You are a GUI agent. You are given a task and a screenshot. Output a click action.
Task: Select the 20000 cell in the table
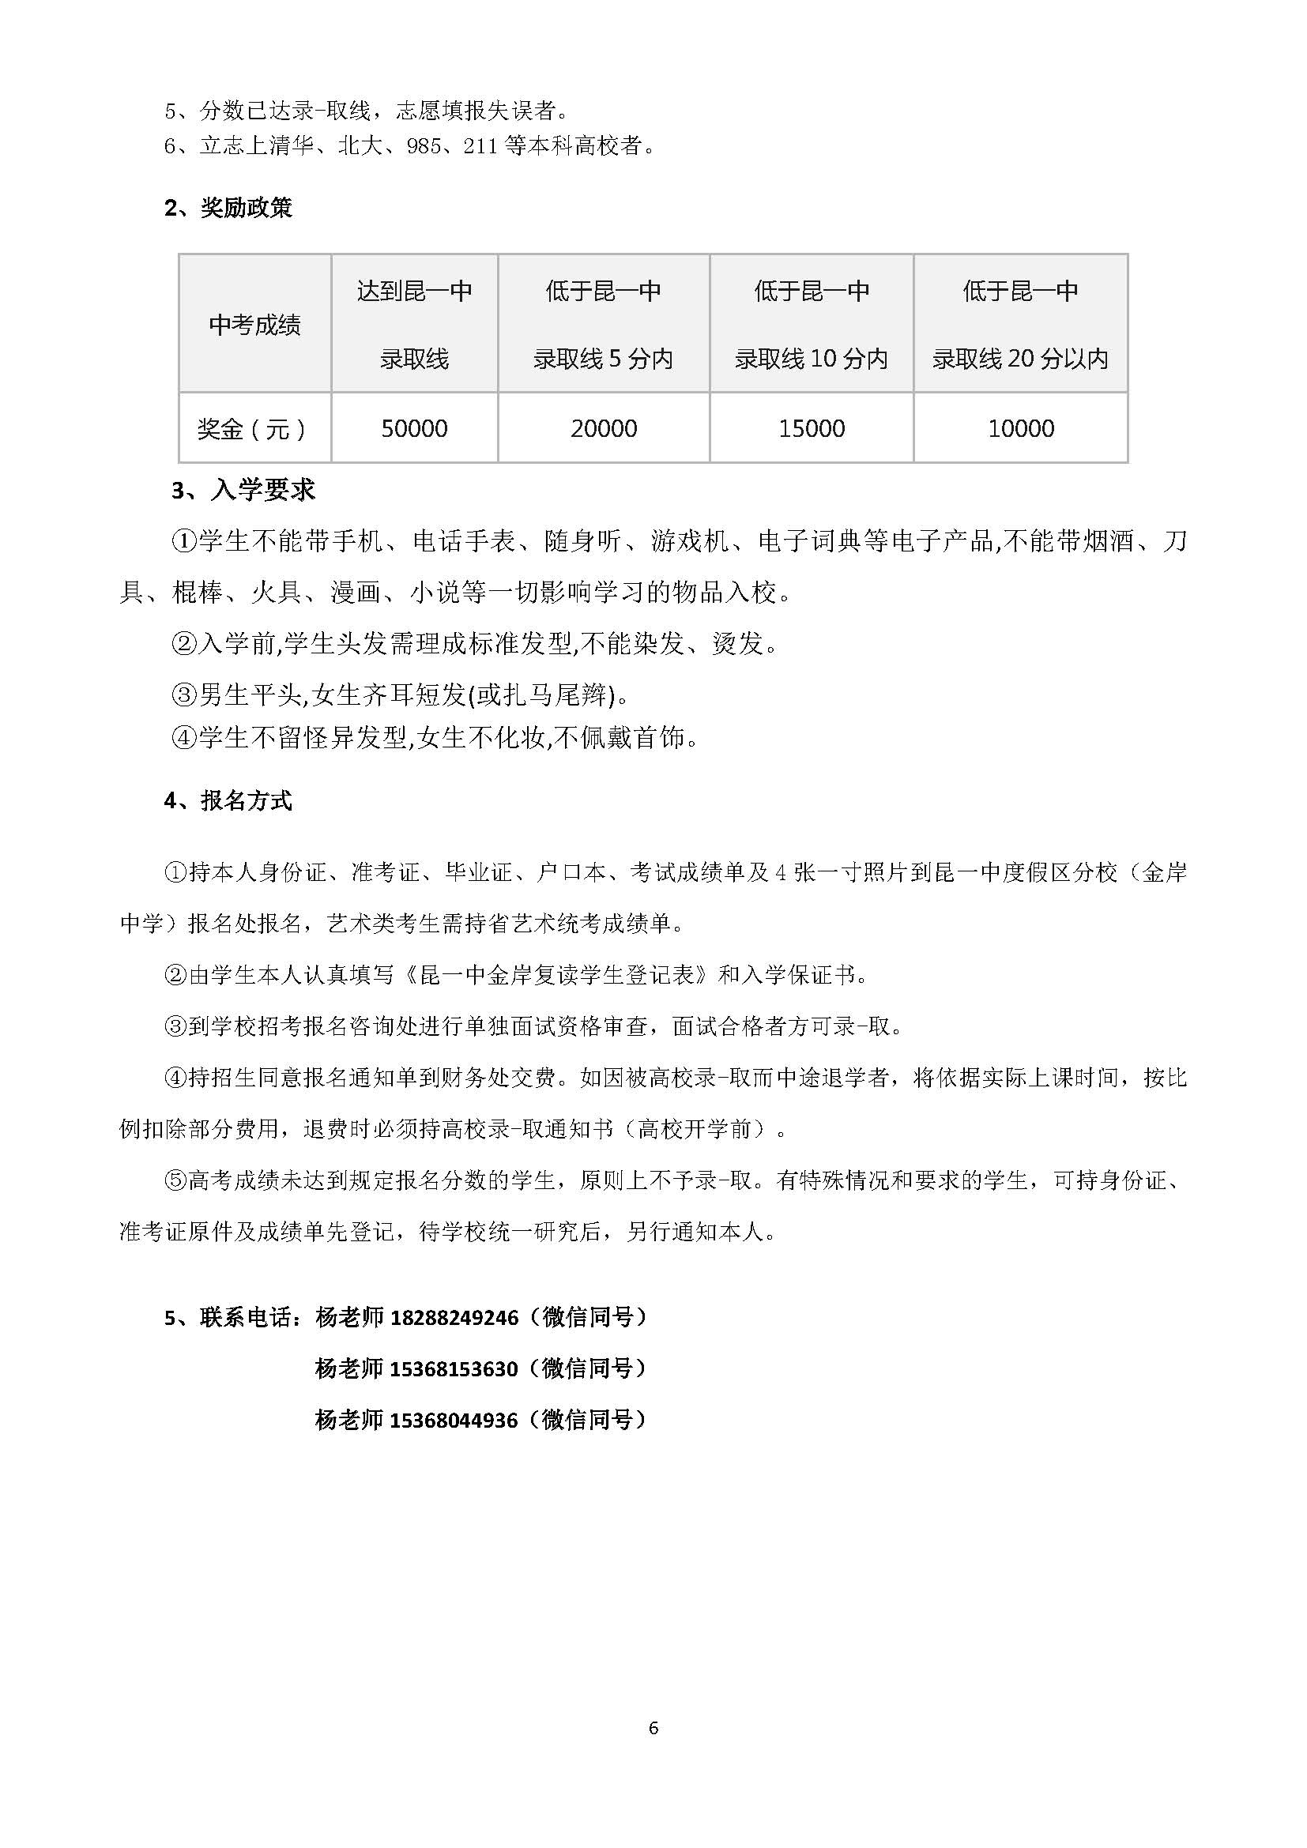[604, 428]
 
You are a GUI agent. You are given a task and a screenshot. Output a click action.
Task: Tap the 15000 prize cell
[812, 428]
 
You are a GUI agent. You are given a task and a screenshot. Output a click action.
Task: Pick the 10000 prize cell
[1020, 428]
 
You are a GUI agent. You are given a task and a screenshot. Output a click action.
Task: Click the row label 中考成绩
[254, 325]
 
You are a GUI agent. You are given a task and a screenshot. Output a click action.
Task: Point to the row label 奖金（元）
[253, 428]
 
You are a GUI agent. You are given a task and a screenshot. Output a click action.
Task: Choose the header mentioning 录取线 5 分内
[604, 358]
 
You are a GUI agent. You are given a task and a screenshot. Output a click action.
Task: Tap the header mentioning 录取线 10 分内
[812, 358]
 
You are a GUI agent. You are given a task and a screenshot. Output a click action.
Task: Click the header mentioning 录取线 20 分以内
[1020, 358]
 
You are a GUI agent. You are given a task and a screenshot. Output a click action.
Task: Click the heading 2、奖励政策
[228, 208]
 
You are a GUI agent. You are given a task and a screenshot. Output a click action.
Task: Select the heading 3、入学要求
[243, 489]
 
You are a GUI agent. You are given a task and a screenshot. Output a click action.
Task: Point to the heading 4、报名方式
[228, 800]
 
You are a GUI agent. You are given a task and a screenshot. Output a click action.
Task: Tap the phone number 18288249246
[454, 1318]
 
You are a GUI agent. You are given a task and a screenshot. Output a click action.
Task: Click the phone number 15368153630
[454, 1368]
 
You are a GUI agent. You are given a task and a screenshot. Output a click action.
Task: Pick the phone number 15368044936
[454, 1420]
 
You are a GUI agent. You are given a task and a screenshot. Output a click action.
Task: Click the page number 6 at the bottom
[653, 1727]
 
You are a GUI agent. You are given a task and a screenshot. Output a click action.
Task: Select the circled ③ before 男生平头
[184, 694]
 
